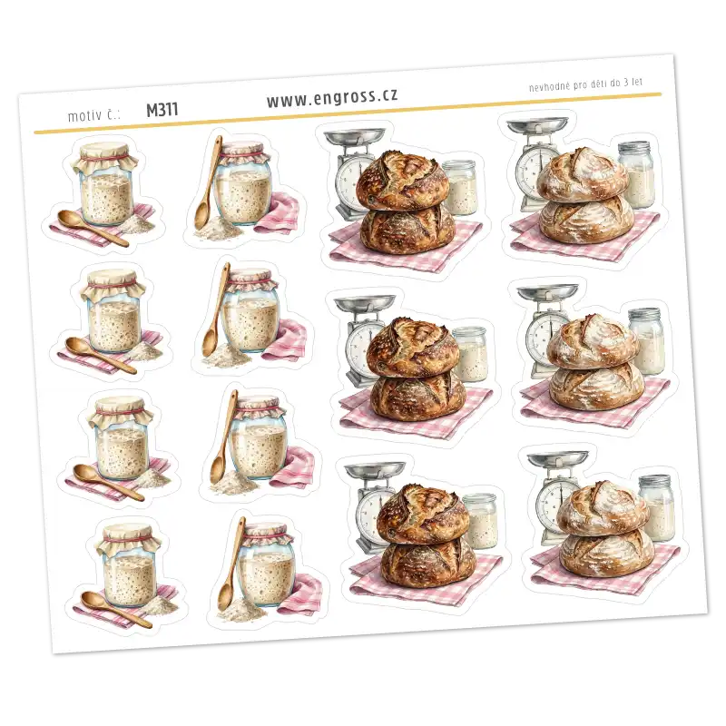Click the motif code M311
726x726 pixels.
162,110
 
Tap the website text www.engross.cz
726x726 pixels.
332,97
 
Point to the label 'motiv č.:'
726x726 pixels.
94,115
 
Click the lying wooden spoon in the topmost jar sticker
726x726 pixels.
93,228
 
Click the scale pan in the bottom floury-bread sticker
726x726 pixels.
557,458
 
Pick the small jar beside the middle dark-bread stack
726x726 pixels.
470,354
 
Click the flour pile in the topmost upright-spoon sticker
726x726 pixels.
213,230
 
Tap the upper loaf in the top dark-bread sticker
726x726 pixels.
402,178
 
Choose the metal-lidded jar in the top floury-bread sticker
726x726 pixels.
637,173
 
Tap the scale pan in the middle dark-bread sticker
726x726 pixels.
365,303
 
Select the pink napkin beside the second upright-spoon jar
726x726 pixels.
290,340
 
